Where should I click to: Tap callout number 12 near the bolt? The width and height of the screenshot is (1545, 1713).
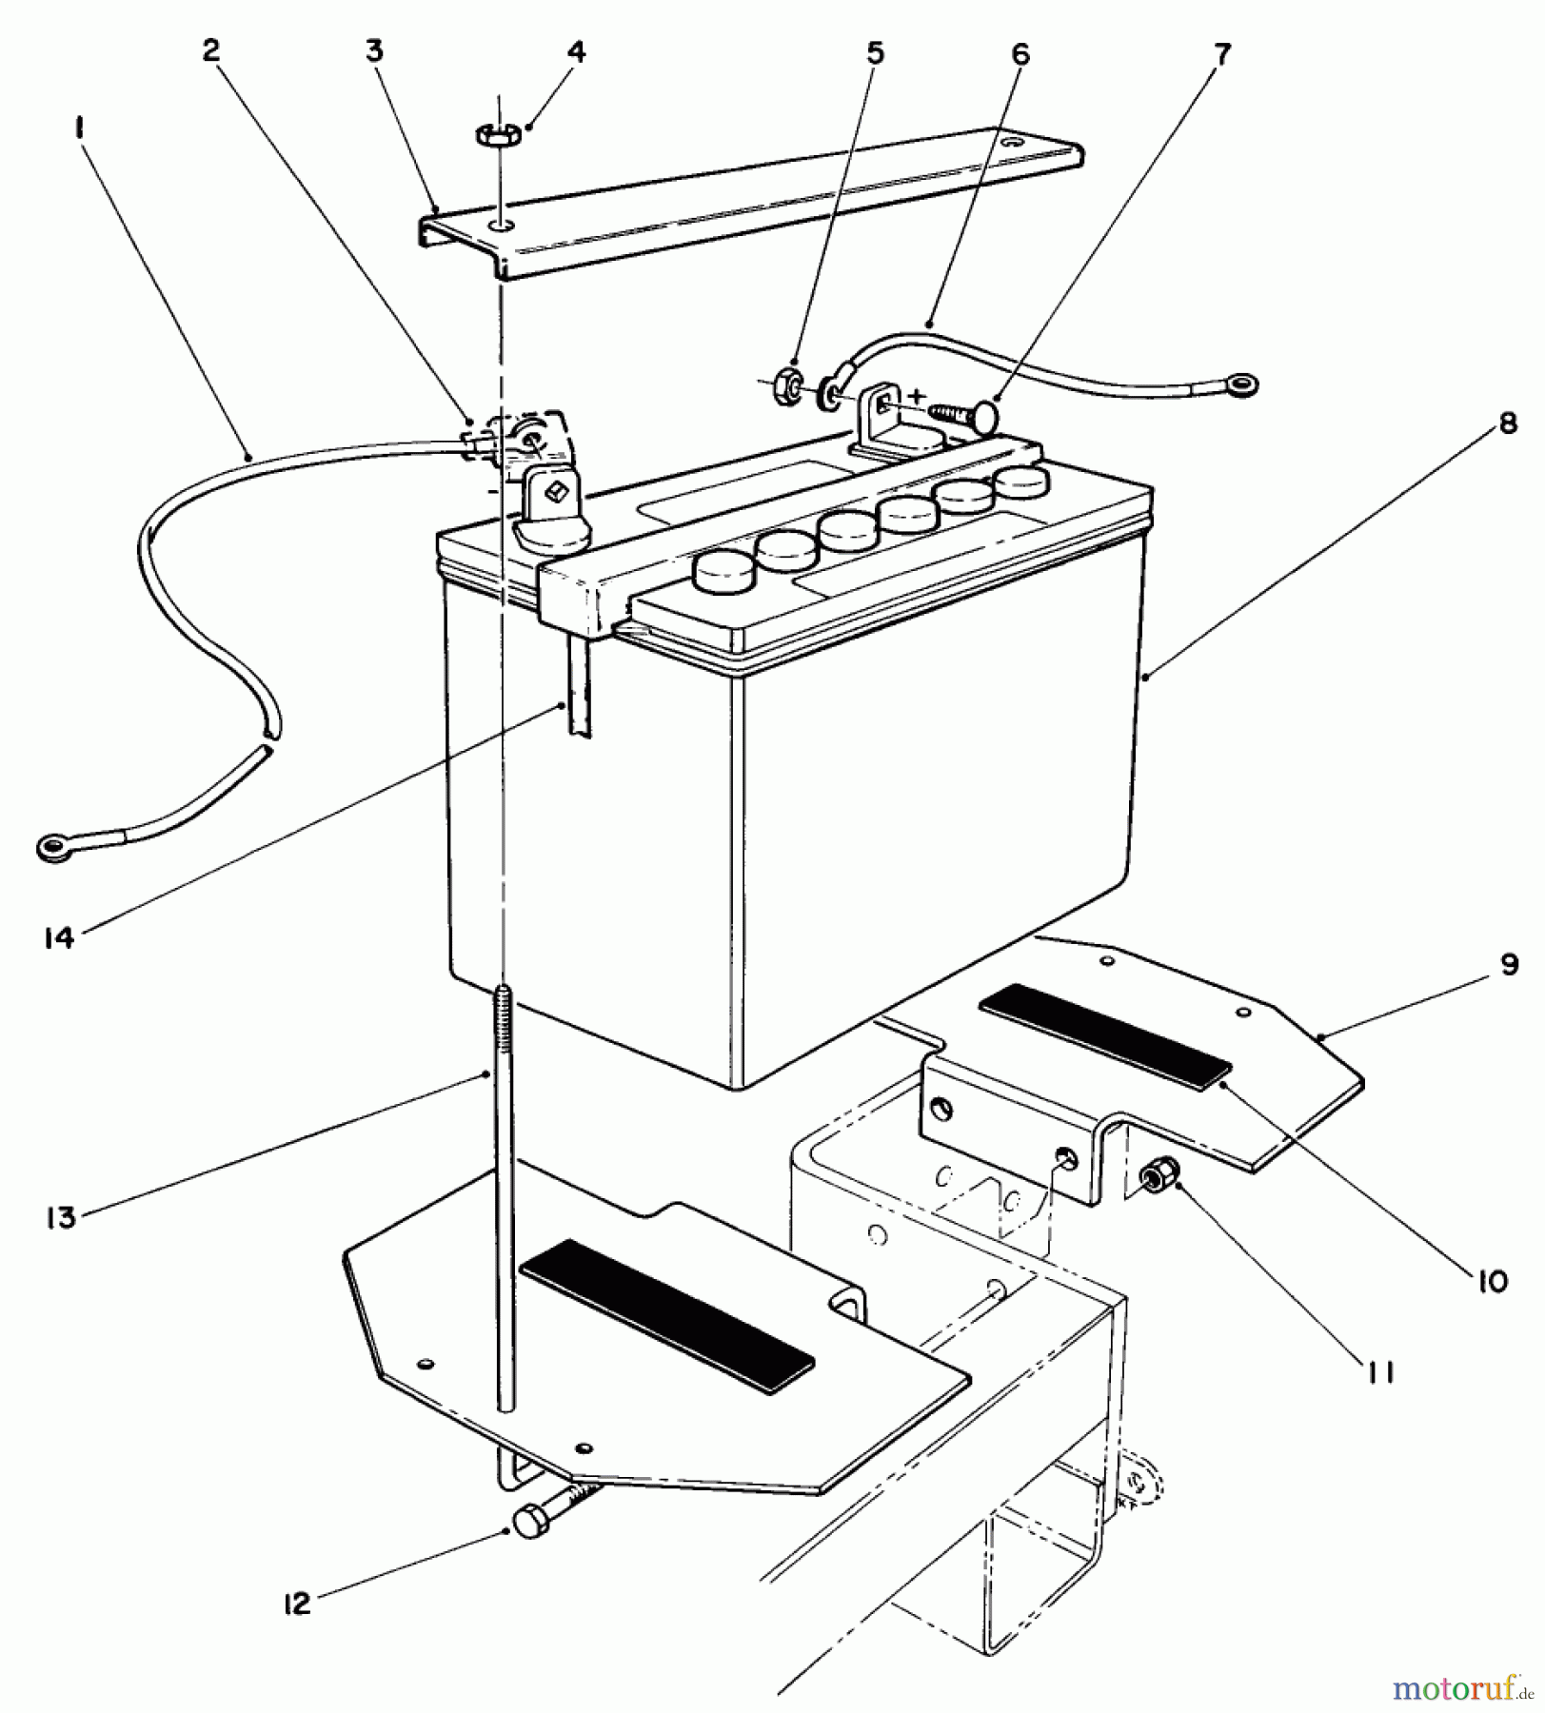coord(297,1604)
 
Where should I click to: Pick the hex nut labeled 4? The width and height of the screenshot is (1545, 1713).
coord(497,135)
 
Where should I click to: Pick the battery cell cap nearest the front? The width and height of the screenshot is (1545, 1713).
coord(723,571)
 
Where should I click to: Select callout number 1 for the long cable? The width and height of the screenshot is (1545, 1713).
coord(80,128)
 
